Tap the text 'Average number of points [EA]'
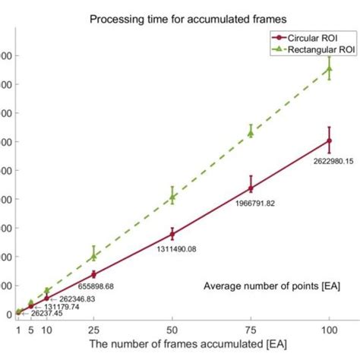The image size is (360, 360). coord(272,286)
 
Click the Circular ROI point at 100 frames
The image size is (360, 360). coord(329,141)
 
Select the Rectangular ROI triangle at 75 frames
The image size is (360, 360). coord(251,133)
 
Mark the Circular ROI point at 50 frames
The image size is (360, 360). coord(172,234)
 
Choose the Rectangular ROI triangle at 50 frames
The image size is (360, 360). coord(172,197)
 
